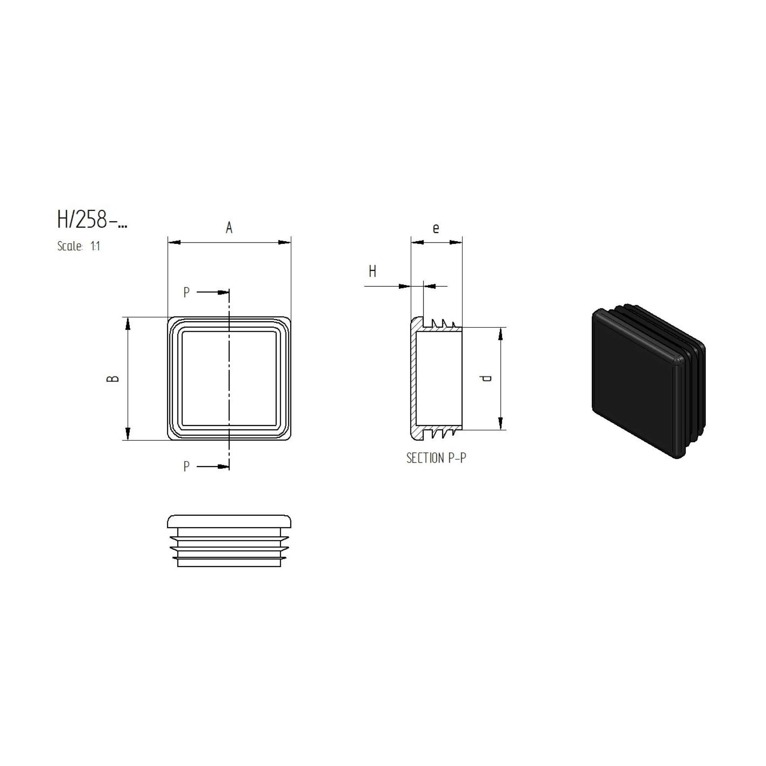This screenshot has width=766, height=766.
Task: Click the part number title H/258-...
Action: click(92, 219)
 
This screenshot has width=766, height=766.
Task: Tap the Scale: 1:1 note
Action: click(79, 246)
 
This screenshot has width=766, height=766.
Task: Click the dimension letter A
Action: click(229, 228)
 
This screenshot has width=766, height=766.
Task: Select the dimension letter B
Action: click(113, 378)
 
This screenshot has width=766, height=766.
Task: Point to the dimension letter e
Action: click(436, 228)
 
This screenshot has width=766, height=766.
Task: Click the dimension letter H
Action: click(372, 272)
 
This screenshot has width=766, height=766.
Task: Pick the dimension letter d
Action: click(486, 378)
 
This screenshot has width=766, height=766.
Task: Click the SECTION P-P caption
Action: click(436, 458)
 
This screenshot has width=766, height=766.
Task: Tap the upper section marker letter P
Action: click(187, 293)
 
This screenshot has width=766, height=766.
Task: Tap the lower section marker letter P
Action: click(187, 466)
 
